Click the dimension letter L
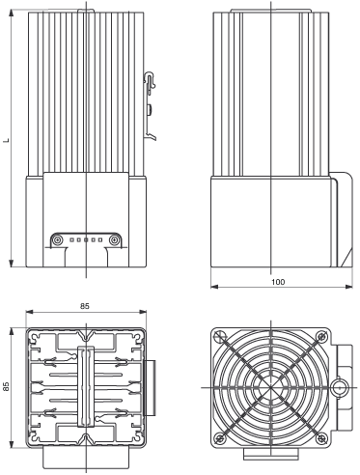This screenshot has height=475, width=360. click(x=6, y=140)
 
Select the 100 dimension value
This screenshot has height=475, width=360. click(x=278, y=282)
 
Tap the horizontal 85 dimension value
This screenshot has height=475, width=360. click(x=85, y=306)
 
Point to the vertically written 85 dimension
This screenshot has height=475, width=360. click(x=6, y=386)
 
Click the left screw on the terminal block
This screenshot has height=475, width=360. click(x=58, y=239)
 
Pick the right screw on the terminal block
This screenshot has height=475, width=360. click(x=114, y=239)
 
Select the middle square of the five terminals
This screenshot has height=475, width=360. click(x=86, y=239)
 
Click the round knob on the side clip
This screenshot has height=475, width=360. click(x=150, y=109)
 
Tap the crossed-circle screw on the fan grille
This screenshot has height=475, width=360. click(x=220, y=336)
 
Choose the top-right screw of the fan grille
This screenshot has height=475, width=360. click(x=321, y=337)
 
